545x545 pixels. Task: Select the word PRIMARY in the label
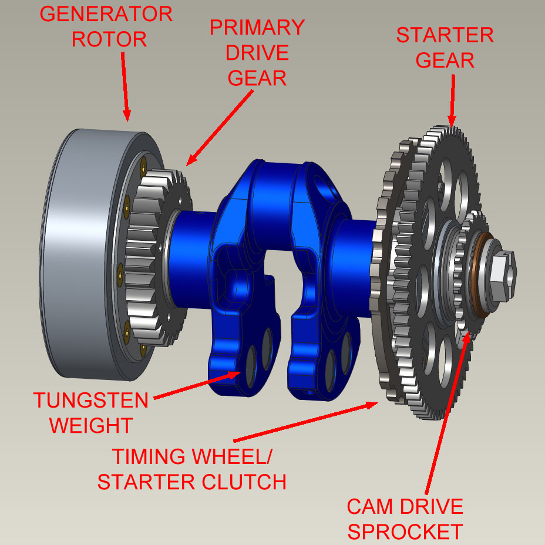pos(258,27)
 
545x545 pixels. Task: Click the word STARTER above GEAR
pos(445,35)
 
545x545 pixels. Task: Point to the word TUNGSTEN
pos(91,401)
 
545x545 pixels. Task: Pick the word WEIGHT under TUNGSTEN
pos(91,425)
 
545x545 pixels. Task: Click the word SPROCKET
pos(405,531)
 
